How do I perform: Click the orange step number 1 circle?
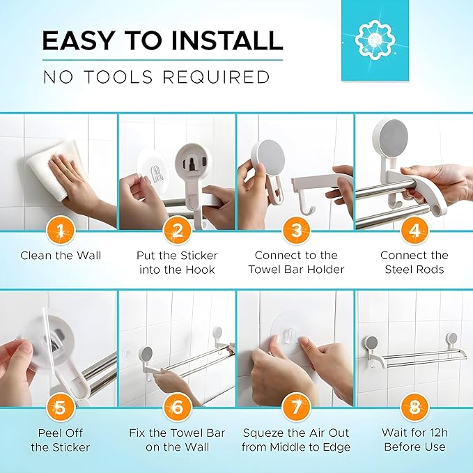(60, 229)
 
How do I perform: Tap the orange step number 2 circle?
(178, 229)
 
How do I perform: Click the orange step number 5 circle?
(60, 406)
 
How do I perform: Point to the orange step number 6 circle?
(178, 406)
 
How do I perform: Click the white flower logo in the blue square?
(381, 40)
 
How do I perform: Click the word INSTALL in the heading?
(212, 41)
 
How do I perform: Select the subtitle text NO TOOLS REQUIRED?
(156, 77)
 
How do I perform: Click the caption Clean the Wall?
(61, 256)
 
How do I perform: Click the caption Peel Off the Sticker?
(61, 440)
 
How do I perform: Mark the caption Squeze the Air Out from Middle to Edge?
(296, 440)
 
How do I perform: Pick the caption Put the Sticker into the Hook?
(178, 262)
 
